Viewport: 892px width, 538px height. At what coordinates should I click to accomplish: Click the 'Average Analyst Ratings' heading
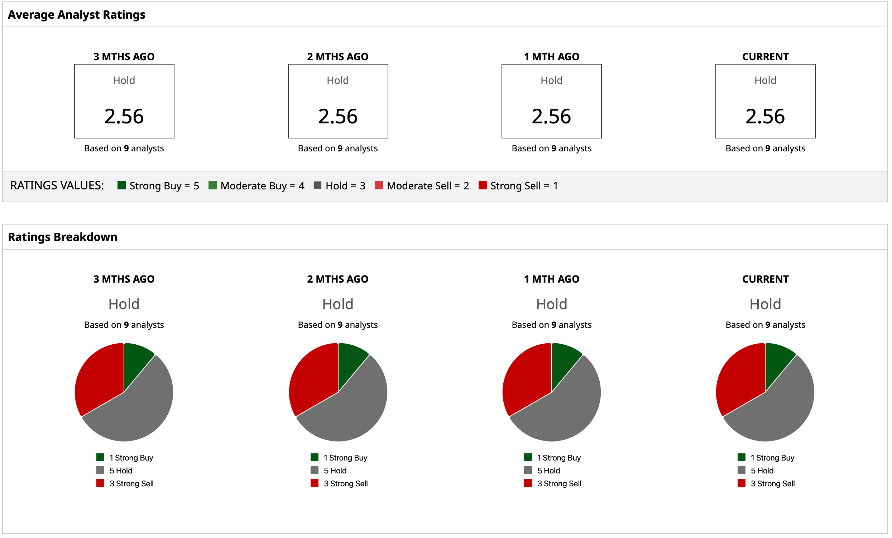coord(76,14)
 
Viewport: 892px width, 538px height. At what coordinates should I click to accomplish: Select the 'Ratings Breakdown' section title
coord(63,237)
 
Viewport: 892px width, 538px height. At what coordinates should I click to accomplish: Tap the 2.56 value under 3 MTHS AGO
coord(124,116)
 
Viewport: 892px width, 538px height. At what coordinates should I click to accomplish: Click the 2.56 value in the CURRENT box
coord(765,116)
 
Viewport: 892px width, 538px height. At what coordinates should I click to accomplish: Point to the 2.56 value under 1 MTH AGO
coord(551,116)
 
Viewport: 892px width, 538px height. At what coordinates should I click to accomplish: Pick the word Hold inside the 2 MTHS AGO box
coord(338,80)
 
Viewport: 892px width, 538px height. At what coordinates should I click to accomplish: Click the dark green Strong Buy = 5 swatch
coord(122,186)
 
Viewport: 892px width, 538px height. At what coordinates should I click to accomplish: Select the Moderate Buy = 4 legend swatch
coord(213,186)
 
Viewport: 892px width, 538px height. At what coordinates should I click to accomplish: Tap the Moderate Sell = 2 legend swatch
coord(379,186)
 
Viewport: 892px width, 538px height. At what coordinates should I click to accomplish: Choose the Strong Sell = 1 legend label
coord(524,186)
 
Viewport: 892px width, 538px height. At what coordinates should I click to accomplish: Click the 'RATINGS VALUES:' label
coord(57,186)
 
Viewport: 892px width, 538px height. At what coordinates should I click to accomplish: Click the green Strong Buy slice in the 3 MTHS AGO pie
coord(136,363)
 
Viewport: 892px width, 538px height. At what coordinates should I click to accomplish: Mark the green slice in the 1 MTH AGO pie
coord(563,363)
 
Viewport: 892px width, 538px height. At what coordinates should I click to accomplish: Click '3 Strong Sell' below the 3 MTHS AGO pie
coord(131,484)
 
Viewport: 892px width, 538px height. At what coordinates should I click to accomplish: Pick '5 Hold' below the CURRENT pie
coord(762,471)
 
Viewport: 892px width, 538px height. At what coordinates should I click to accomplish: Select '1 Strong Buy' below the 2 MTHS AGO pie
coord(345,458)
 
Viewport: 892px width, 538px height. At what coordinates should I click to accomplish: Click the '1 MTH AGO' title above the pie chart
coord(551,279)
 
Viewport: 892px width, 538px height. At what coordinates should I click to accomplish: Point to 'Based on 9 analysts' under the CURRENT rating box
coord(765,148)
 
